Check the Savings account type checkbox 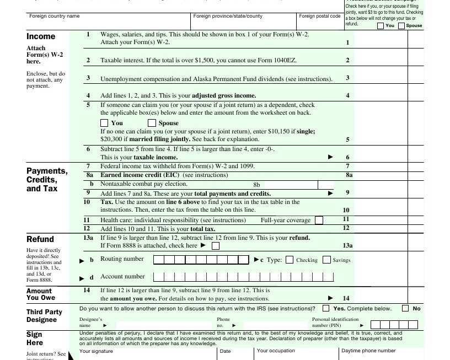point(326,260)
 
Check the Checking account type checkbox point(290,260)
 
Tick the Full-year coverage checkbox point(319,221)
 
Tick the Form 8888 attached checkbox point(216,246)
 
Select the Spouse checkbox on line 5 point(152,123)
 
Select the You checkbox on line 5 point(104,123)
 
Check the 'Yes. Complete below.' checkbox point(326,308)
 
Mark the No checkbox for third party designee point(405,308)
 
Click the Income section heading point(41,36)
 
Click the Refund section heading point(40,239)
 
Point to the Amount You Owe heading point(39,294)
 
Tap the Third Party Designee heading point(44,316)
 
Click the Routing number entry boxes point(201,259)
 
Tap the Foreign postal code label point(319,16)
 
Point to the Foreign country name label point(55,16)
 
